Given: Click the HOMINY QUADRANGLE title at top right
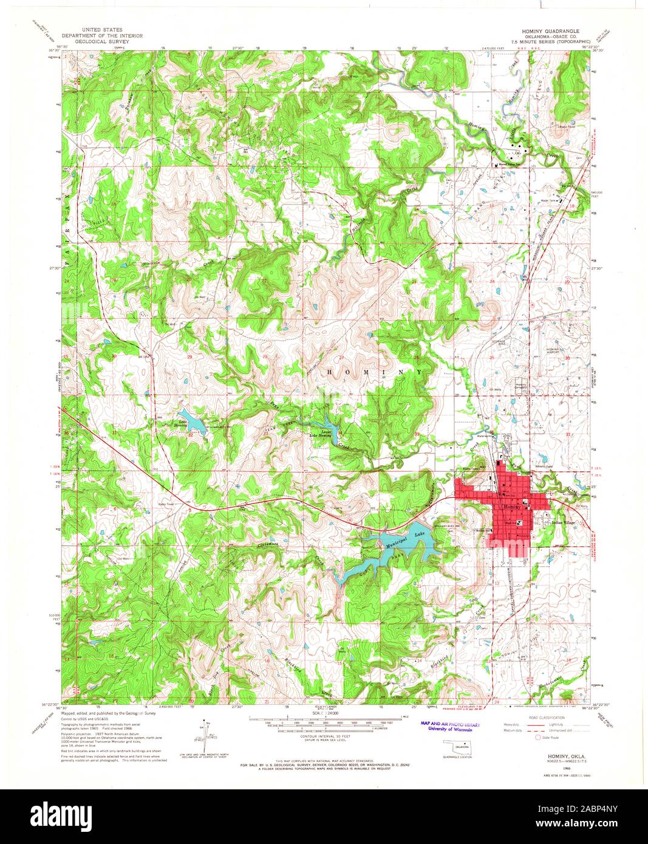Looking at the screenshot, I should (547, 30).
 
